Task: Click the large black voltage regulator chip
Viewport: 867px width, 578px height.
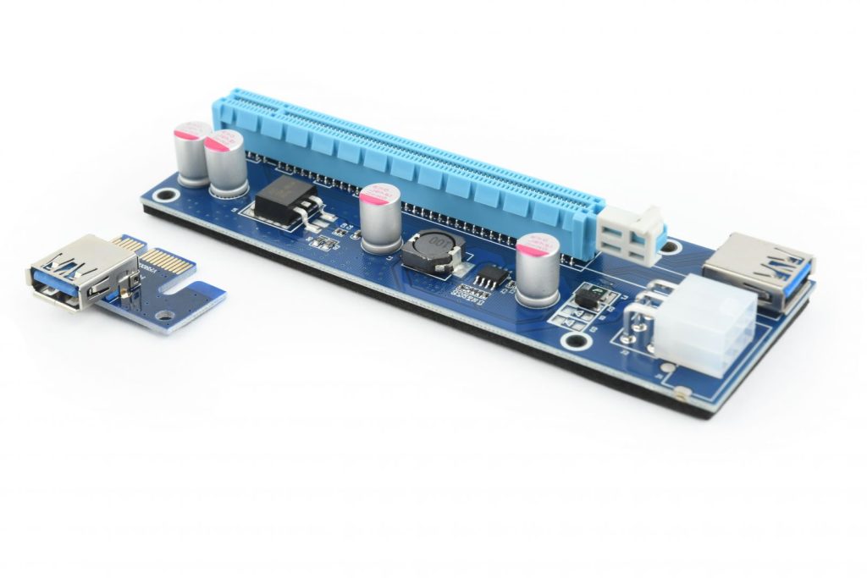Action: pyautogui.click(x=283, y=202)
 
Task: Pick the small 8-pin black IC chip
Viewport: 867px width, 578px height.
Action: pyautogui.click(x=489, y=277)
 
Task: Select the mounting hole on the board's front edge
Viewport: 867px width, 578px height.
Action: pyautogui.click(x=577, y=343)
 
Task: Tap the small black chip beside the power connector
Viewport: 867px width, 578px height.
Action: pyautogui.click(x=585, y=297)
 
